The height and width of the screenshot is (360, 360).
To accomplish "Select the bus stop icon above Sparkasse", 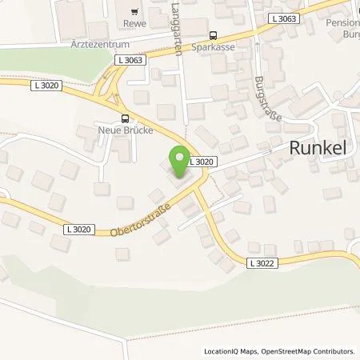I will click(213, 35).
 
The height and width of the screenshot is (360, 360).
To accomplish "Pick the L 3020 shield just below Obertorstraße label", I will click(78, 230).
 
